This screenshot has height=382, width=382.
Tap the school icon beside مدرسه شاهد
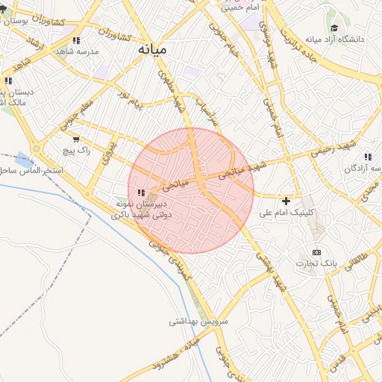coord(76,40)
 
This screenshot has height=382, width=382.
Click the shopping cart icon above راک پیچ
coord(76,139)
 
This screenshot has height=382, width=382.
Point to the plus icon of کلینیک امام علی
coord(286,201)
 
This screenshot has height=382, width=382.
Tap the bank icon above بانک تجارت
coord(316,252)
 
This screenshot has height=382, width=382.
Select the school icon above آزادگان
coord(368,157)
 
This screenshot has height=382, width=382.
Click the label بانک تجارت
coord(316,263)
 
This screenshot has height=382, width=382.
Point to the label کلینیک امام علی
coord(286,213)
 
